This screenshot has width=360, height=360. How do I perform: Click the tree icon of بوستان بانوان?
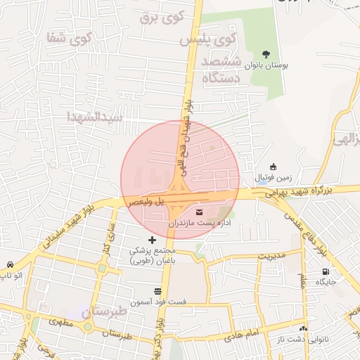point(266,53)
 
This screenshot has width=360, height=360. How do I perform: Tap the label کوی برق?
point(155,15)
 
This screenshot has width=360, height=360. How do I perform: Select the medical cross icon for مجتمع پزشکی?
point(152,240)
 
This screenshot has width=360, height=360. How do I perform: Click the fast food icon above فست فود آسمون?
point(157,291)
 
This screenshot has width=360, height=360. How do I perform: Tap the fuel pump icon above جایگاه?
point(325,271)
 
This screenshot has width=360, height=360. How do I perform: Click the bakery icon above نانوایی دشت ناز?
point(303,328)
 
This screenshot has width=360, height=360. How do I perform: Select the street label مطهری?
point(61,322)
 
